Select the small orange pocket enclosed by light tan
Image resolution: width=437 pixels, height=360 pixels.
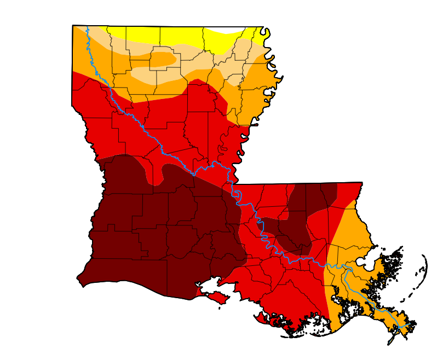[x=162, y=59]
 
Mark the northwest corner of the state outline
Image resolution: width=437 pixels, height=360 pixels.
[x=73, y=26]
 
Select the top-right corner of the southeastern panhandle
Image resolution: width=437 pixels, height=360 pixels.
[x=362, y=183]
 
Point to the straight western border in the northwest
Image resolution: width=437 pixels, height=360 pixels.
[x=72, y=66]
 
